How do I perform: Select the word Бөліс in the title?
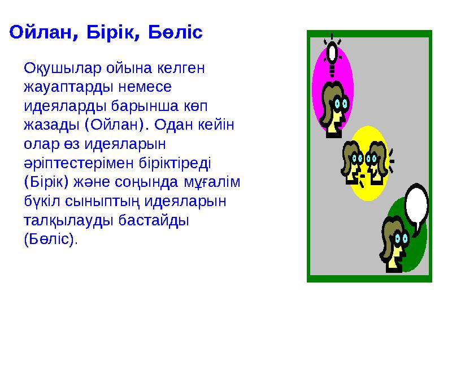pyautogui.click(x=175, y=32)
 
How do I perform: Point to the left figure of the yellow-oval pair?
pyautogui.click(x=353, y=161)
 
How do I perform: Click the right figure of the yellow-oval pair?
pyautogui.click(x=376, y=161)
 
